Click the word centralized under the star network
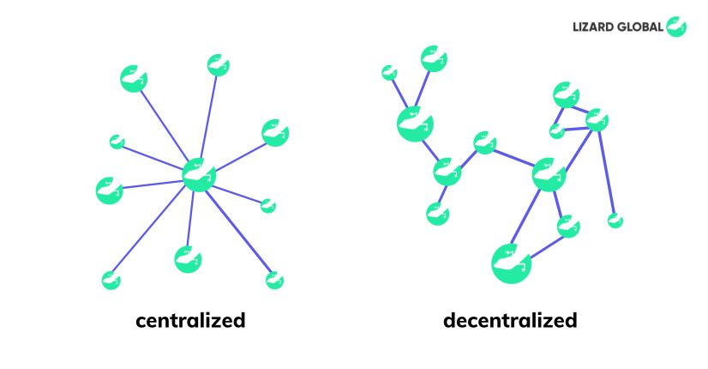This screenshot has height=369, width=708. point(190,320)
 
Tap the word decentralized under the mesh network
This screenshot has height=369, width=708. point(510,320)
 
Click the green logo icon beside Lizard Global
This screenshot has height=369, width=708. point(676,27)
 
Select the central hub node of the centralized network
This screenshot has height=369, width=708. point(199,175)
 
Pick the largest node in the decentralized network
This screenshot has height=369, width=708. point(511,263)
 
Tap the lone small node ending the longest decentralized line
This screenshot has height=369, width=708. point(615,221)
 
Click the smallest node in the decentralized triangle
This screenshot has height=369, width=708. point(557,131)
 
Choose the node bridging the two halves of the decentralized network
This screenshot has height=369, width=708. point(485,143)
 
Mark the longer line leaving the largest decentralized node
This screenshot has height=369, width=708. point(525,216)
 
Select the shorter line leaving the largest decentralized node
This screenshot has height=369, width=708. point(546,247)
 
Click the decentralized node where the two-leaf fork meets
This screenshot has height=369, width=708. point(415,124)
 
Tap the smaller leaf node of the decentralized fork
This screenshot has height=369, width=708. point(389,73)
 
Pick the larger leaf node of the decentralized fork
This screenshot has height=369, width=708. point(434,59)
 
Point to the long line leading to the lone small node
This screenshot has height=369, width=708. point(606,172)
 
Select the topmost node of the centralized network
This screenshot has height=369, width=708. point(218,65)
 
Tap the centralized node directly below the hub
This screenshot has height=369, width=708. point(188,259)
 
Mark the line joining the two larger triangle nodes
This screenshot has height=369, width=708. point(580,109)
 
